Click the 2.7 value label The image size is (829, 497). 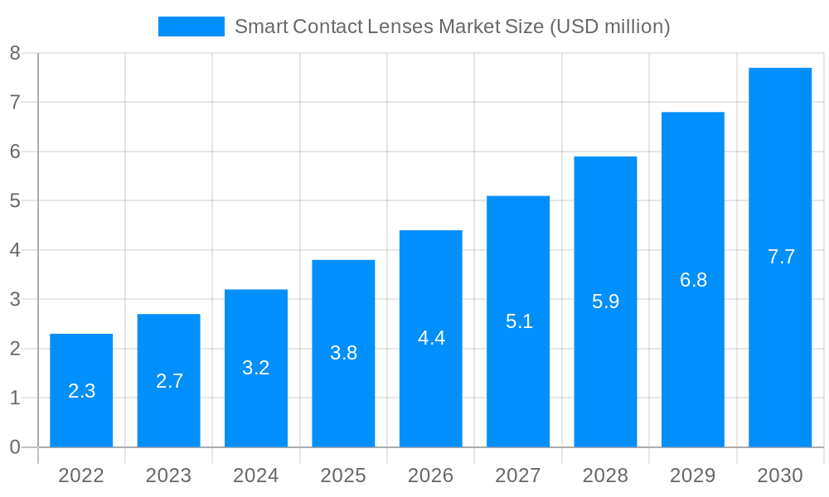point(169,381)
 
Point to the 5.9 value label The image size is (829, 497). point(606,302)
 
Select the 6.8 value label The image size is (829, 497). point(693,280)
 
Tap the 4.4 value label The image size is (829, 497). point(431,338)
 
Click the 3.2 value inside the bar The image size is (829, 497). point(256,368)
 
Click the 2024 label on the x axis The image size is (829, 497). point(256,475)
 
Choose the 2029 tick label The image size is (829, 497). point(693,475)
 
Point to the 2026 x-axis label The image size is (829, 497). point(431,475)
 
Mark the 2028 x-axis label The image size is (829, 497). point(606,475)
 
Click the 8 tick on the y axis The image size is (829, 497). point(15,53)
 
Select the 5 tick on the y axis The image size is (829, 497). point(15,200)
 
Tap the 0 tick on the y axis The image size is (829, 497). point(15,447)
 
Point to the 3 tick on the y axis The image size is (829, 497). point(15,299)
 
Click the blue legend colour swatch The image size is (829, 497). point(191,27)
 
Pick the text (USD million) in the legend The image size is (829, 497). point(609,27)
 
